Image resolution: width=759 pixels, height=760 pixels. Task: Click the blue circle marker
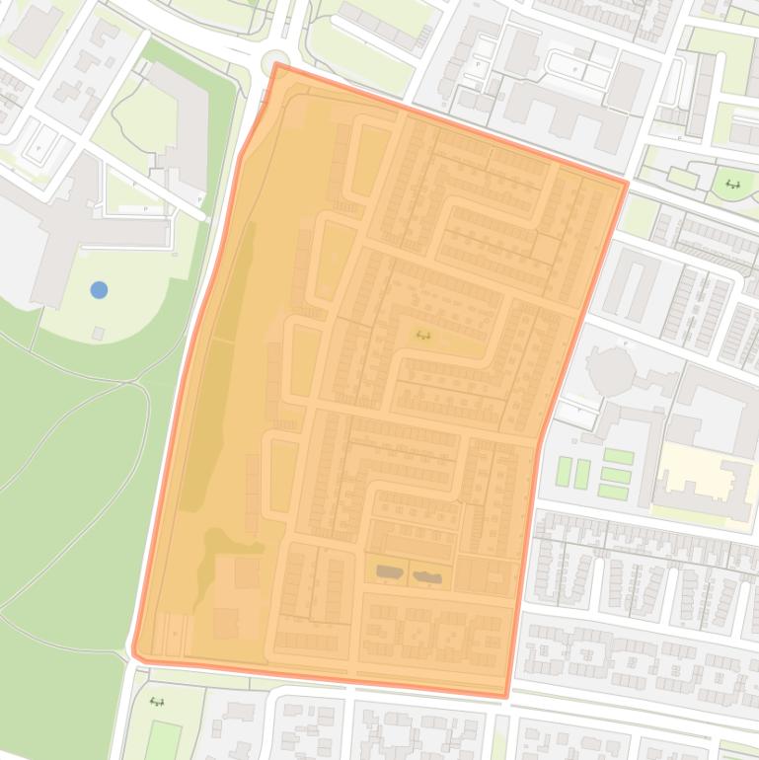pos(99,289)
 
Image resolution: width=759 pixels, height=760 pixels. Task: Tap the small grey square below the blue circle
pos(98,334)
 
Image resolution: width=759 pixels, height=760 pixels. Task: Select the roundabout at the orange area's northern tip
pos(275,61)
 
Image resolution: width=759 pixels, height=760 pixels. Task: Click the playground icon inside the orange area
pos(423,336)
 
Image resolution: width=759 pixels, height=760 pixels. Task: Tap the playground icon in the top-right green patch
pos(732,184)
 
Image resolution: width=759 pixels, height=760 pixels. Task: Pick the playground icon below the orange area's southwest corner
pos(156,702)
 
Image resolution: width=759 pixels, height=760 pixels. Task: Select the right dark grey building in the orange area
pos(426,576)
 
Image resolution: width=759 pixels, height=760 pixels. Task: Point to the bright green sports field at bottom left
pos(163,740)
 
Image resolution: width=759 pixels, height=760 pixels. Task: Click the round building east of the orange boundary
pos(609,372)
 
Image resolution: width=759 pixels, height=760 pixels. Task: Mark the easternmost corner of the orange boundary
pos(627,183)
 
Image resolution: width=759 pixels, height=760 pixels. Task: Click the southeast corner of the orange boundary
pos(506,696)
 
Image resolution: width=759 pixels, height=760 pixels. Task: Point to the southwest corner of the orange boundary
pos(135,652)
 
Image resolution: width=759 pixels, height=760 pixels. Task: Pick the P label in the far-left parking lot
pos(39,148)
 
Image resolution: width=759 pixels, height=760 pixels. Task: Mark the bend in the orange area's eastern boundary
pos(540,439)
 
